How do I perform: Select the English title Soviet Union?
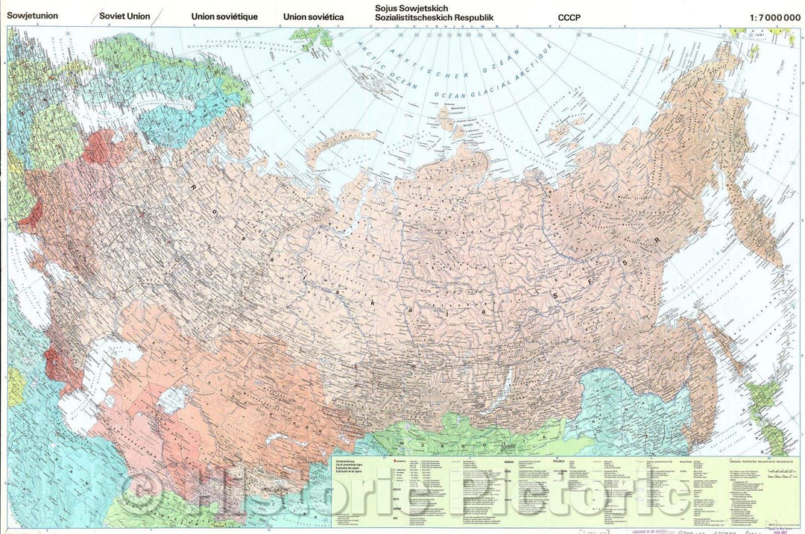pyautogui.click(x=119, y=16)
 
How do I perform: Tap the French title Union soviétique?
pyautogui.click(x=224, y=16)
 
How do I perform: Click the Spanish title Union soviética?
pyautogui.click(x=313, y=16)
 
